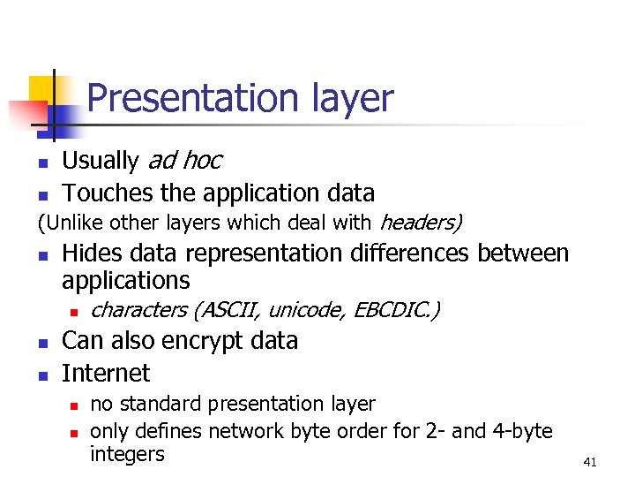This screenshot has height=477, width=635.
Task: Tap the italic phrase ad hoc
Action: [184, 161]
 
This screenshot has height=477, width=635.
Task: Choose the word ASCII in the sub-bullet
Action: [233, 310]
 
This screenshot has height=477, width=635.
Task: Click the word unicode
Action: [308, 310]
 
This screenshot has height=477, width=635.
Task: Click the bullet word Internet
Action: [106, 373]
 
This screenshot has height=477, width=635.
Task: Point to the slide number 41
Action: [590, 462]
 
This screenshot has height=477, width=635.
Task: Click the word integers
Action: [127, 454]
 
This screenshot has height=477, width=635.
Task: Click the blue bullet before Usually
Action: [41, 163]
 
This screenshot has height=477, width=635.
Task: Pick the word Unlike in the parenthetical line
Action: [70, 222]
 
